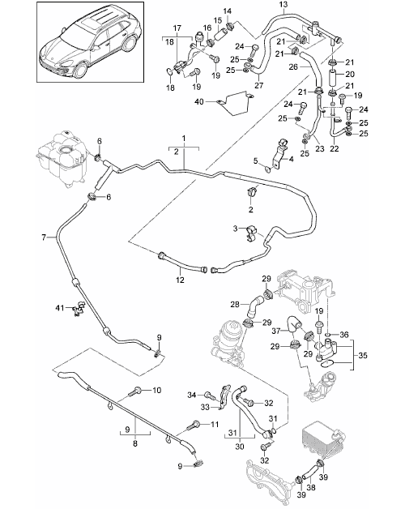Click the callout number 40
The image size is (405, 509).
click(x=199, y=101)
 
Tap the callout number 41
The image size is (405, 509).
click(x=60, y=307)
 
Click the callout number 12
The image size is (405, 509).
click(x=180, y=280)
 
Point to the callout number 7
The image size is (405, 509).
click(x=44, y=237)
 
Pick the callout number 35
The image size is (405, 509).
click(x=363, y=355)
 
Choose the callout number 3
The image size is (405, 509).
click(x=236, y=229)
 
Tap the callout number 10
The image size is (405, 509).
click(x=157, y=390)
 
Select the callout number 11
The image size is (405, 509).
click(x=215, y=424)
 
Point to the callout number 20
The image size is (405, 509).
click(x=350, y=74)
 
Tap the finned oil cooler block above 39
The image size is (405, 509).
click(x=323, y=443)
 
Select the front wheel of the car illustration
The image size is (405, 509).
click(x=80, y=70)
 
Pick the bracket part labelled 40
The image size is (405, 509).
click(x=236, y=103)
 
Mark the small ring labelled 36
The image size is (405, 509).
click(x=328, y=335)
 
